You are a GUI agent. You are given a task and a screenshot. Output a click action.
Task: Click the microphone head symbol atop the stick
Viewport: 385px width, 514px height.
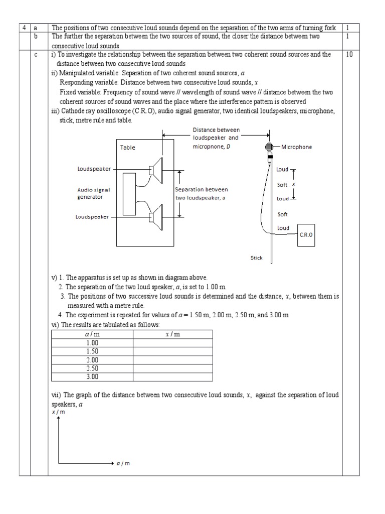point(270,148)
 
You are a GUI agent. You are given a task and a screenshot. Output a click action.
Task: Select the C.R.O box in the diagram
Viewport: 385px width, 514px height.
point(307,234)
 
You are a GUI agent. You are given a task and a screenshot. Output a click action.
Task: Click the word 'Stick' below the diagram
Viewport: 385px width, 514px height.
point(257,258)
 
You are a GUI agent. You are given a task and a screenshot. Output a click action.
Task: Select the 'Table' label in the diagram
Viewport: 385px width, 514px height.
point(127,148)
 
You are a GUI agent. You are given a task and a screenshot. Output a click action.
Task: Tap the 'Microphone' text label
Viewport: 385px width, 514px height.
point(296,147)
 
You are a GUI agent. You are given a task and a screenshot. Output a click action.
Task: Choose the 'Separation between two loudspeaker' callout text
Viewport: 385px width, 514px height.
point(201,193)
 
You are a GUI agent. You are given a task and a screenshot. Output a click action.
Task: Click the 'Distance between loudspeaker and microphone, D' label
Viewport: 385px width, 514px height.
point(216,137)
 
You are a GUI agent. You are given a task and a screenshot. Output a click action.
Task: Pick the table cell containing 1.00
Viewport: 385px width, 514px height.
point(92,343)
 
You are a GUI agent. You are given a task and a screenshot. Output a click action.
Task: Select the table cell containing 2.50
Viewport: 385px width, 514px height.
point(92,368)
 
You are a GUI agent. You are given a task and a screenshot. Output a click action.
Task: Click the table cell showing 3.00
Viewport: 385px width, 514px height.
point(92,377)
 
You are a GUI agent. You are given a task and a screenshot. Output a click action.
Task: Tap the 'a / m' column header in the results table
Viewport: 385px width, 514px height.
point(92,334)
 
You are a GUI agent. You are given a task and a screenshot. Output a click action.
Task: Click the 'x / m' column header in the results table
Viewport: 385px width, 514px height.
point(172,334)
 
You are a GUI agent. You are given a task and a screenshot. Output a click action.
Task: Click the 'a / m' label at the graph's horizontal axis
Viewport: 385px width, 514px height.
point(123,463)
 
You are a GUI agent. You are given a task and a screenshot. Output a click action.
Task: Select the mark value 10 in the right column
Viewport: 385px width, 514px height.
point(349,54)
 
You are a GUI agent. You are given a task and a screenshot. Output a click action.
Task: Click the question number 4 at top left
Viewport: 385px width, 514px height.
point(24,28)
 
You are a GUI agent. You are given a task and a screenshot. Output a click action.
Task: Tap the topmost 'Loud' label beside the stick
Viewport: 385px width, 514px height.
point(283,170)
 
